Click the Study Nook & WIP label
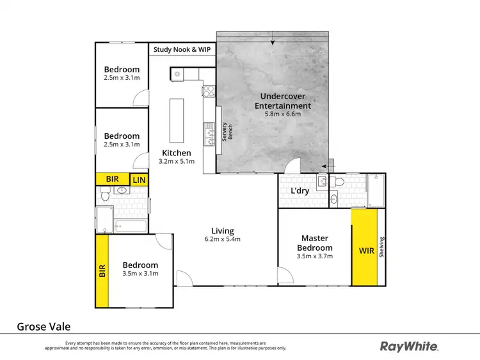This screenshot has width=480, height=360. (182, 49)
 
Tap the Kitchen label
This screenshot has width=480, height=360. (176, 153)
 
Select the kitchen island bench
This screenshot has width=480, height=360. (177, 121)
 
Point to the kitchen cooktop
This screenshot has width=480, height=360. (207, 91)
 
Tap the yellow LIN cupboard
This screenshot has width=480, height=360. (140, 180)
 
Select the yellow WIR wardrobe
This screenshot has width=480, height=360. (365, 247)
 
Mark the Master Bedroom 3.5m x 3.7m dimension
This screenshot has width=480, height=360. (314, 256)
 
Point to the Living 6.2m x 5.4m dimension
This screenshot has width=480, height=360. (223, 239)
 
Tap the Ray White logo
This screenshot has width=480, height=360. (409, 346)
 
